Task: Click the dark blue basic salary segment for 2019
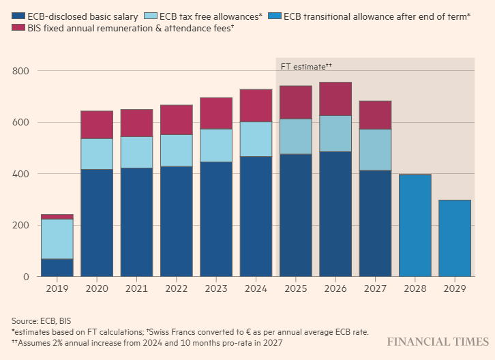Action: point(57,267)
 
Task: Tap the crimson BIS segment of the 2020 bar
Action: point(97,125)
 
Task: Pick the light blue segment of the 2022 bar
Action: point(176,150)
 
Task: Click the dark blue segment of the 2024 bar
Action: point(256,216)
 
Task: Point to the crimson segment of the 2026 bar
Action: point(335,99)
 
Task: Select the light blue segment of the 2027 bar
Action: point(375,149)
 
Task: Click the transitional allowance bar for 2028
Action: point(415,225)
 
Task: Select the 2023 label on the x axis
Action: point(215,288)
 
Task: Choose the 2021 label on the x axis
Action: point(136,288)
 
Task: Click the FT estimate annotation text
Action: point(306,66)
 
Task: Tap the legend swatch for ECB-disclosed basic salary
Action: point(18,16)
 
